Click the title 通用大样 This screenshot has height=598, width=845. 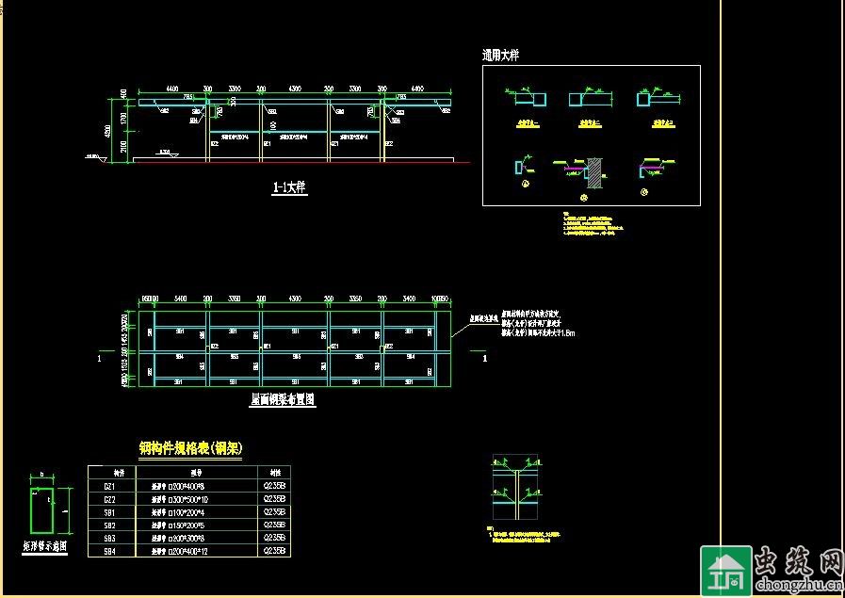[500, 56]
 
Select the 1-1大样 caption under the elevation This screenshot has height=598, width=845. [289, 188]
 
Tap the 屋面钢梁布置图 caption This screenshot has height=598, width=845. [283, 399]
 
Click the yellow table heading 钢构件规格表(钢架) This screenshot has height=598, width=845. [191, 449]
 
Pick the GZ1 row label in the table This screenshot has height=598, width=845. [109, 486]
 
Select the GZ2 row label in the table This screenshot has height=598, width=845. [109, 499]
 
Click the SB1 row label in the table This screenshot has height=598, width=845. [109, 512]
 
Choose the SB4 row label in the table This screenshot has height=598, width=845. [109, 551]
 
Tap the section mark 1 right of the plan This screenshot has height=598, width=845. [485, 359]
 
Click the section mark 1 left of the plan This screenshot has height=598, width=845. [100, 359]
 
